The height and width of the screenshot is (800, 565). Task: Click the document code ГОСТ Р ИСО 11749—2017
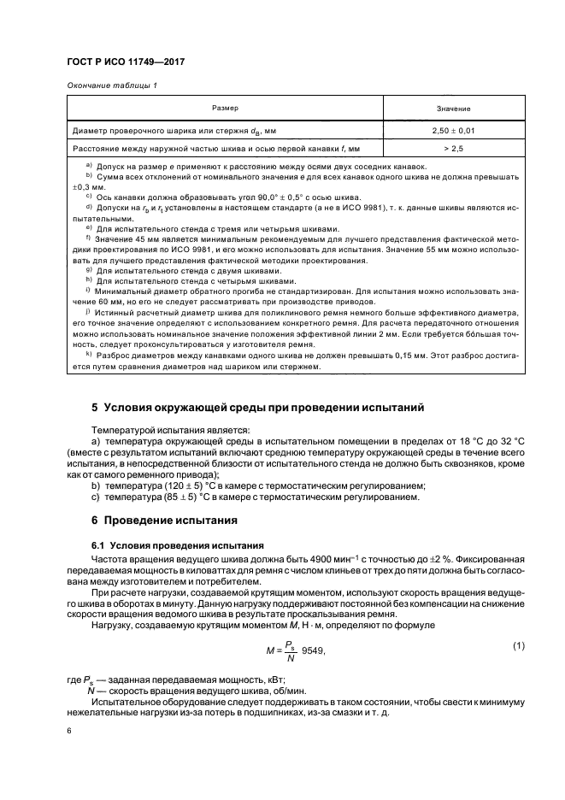pyautogui.click(x=127, y=62)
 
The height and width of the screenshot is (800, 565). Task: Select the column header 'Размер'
pyautogui.click(x=225, y=109)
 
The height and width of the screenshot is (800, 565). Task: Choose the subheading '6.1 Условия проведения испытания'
pyautogui.click(x=171, y=544)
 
